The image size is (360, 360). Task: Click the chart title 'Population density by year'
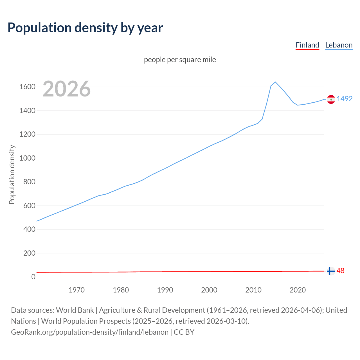tap(85, 28)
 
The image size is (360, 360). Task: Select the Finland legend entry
tap(307, 45)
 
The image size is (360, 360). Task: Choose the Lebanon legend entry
tap(339, 45)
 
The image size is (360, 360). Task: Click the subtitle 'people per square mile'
tap(180, 60)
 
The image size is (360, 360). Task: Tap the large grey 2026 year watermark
tap(67, 89)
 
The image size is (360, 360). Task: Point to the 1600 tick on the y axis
tap(27, 87)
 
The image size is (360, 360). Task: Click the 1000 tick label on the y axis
tap(27, 158)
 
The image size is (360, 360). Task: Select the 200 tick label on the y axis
tap(29, 253)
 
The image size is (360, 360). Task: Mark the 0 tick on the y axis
tap(33, 277)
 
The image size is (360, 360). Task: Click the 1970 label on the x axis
tap(76, 290)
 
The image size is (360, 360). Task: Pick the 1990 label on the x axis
tap(165, 290)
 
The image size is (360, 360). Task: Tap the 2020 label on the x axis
tap(298, 290)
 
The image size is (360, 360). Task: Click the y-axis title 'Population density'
tap(12, 174)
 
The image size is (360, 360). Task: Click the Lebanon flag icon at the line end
tap(331, 99)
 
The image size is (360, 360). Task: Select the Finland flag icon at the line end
tap(331, 271)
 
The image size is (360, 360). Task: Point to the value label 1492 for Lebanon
tap(345, 99)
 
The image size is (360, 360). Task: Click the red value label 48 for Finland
tap(340, 271)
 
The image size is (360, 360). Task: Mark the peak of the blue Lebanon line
tap(275, 82)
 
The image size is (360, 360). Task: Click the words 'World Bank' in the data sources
tap(75, 310)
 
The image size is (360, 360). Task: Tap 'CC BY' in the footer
tap(184, 332)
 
